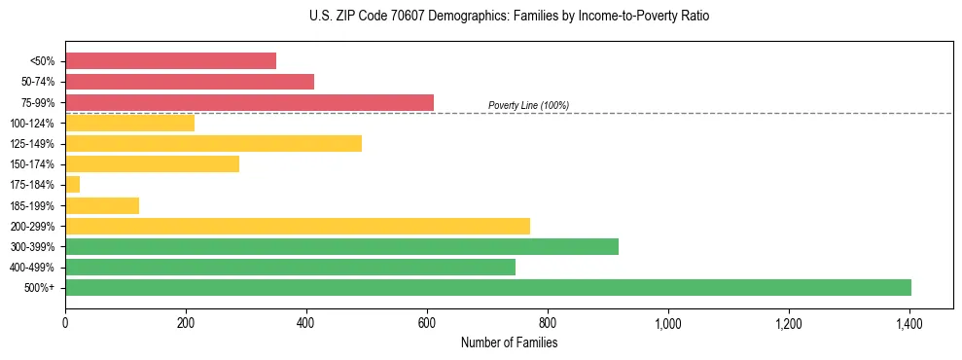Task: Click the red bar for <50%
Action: pyautogui.click(x=170, y=61)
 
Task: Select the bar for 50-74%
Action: pyautogui.click(x=190, y=82)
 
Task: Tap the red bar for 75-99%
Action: pyautogui.click(x=249, y=102)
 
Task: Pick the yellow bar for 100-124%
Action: pyautogui.click(x=129, y=123)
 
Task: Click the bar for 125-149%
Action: pyautogui.click(x=213, y=144)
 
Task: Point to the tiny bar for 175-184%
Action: pyautogui.click(x=72, y=185)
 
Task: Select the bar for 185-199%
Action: pyautogui.click(x=102, y=205)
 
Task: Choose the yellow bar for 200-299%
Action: pyautogui.click(x=298, y=226)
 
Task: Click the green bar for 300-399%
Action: pyautogui.click(x=341, y=246)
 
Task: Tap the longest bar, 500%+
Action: pyautogui.click(x=488, y=287)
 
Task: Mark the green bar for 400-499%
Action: pyautogui.click(x=290, y=267)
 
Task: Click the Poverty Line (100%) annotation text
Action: pyautogui.click(x=528, y=105)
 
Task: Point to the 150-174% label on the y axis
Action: pyautogui.click(x=32, y=164)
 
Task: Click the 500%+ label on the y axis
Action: pyautogui.click(x=40, y=288)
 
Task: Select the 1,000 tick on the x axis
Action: pyautogui.click(x=668, y=323)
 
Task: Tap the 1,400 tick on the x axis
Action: pyautogui.click(x=909, y=323)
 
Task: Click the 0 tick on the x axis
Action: pyautogui.click(x=65, y=323)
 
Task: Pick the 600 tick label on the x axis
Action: pyautogui.click(x=427, y=323)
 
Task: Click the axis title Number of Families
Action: pyautogui.click(x=509, y=342)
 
